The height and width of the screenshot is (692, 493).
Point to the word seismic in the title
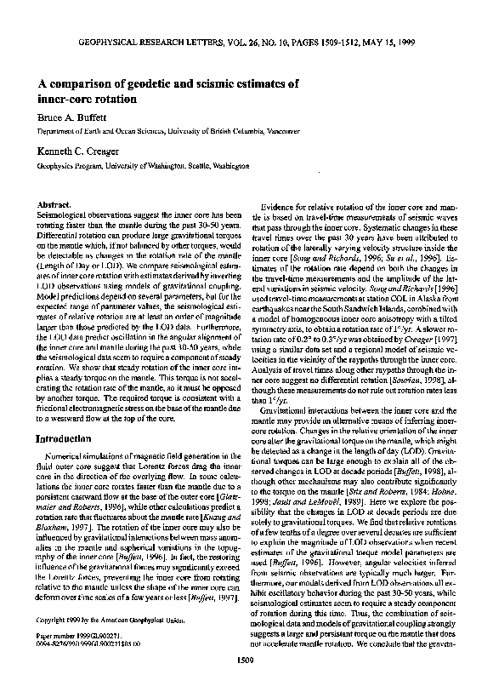(x=217, y=84)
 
